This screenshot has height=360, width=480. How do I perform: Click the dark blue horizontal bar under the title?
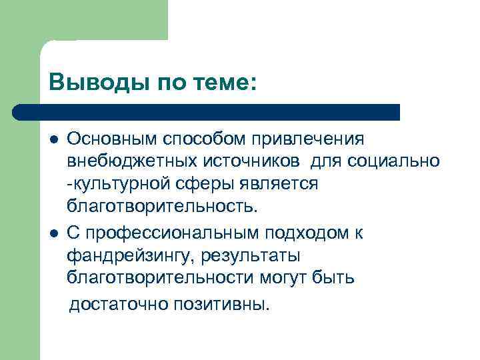207,112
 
